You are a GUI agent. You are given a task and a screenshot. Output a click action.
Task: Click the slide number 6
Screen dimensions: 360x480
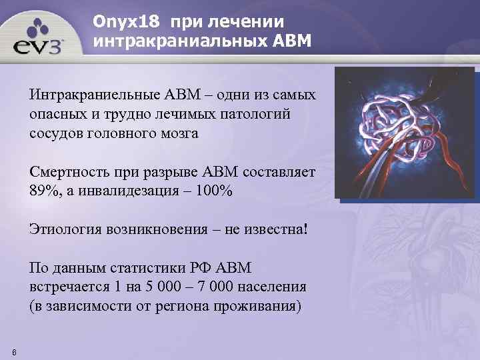pyautogui.click(x=15, y=351)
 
